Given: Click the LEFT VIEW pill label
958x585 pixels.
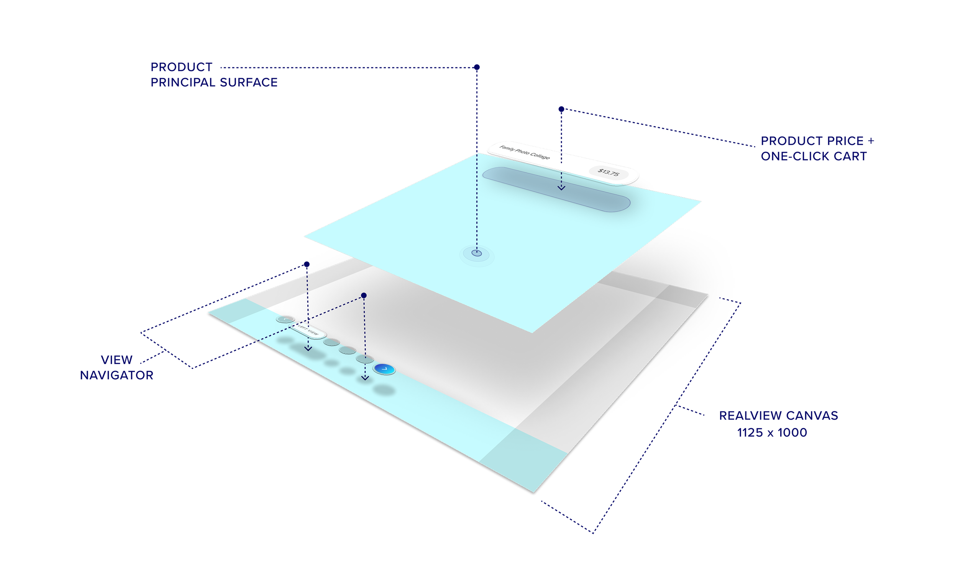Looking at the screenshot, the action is point(308,331).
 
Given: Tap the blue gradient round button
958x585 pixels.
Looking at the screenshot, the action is point(384,369).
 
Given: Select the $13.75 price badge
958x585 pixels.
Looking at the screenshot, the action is point(608,172).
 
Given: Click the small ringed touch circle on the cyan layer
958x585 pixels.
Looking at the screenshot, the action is point(476,253).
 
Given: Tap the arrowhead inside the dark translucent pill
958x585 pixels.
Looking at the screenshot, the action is point(561,188).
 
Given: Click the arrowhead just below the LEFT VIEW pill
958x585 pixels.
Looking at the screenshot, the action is point(308,349).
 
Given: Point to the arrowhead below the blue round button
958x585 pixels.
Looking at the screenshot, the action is point(364,377).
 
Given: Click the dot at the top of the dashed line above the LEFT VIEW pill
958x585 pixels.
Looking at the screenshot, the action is point(307,264).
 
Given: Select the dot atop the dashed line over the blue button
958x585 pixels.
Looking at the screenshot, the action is point(364,296).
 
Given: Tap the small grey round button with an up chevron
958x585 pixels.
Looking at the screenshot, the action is point(285,319).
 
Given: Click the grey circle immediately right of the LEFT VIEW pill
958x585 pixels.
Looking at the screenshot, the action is point(331,342).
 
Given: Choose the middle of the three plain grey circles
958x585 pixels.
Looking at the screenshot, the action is point(347,350).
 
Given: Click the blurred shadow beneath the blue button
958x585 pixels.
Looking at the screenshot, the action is point(384,390).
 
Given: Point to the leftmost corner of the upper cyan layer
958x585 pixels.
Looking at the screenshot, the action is point(304,235).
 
